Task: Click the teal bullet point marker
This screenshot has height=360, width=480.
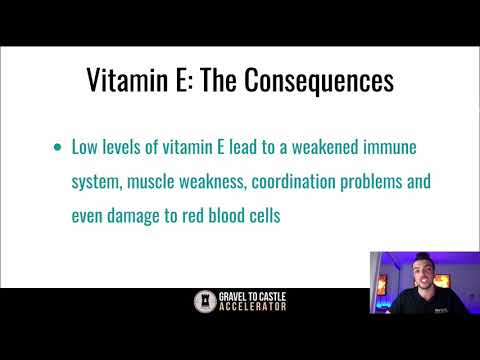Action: (x=56, y=147)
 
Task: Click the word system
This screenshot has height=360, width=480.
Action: (x=93, y=181)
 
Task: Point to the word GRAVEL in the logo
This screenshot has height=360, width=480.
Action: (x=231, y=297)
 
